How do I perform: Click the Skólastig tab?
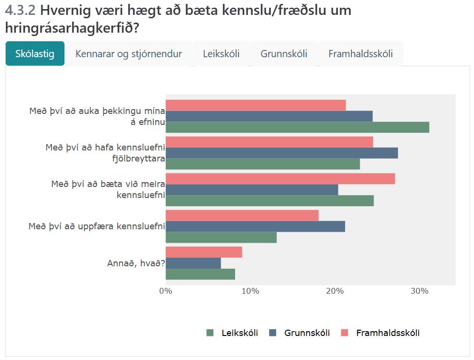(35, 54)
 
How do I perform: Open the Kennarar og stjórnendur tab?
(128, 54)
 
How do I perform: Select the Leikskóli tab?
(221, 54)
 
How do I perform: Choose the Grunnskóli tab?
(284, 54)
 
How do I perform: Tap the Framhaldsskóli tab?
(361, 54)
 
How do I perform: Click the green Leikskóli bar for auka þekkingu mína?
(297, 127)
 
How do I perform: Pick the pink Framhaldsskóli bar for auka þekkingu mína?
(256, 105)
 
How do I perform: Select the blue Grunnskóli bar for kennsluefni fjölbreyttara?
(282, 153)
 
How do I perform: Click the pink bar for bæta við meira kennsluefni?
(280, 179)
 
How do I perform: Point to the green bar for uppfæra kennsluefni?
(221, 237)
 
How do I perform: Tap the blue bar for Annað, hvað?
(193, 263)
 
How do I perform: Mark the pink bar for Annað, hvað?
(204, 252)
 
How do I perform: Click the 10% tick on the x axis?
(250, 291)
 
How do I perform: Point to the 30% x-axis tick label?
(419, 291)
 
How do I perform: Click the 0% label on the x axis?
(166, 291)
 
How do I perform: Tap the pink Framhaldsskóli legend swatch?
(344, 333)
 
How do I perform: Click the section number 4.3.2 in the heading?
(20, 10)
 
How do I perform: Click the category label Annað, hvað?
(136, 263)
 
